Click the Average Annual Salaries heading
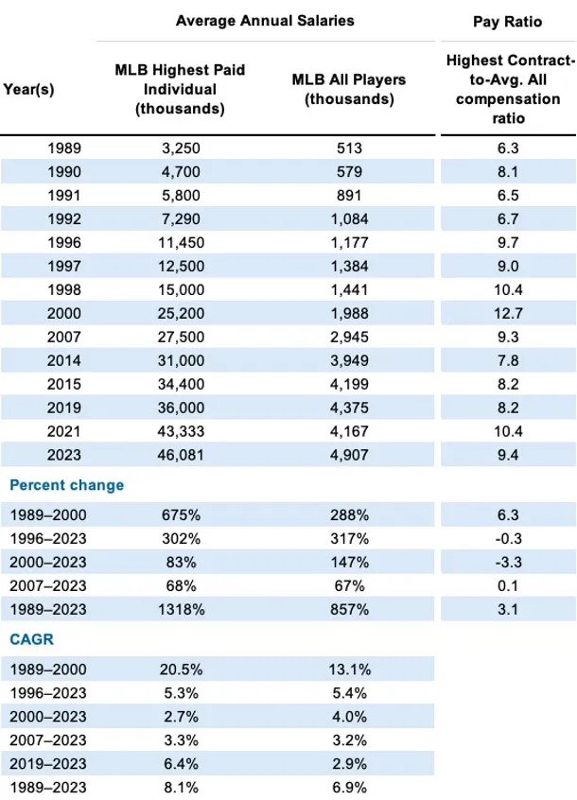click(x=265, y=21)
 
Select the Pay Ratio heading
click(x=508, y=22)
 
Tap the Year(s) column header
click(x=28, y=89)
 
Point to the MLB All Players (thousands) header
click(x=349, y=89)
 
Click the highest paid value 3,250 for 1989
click(x=181, y=148)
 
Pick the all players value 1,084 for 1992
click(x=349, y=218)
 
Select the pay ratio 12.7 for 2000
click(x=508, y=313)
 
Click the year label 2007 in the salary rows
click(x=63, y=337)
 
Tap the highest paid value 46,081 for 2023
click(x=181, y=455)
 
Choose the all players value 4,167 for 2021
click(x=349, y=431)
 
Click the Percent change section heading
click(x=67, y=485)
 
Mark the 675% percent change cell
click(x=181, y=514)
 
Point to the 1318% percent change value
click(x=181, y=609)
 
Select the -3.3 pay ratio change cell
click(x=508, y=563)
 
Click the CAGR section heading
click(x=31, y=639)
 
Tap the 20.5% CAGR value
click(x=181, y=670)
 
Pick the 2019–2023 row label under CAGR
click(x=48, y=764)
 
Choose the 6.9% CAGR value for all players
click(x=349, y=788)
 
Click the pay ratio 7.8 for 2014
click(x=508, y=360)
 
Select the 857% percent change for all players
click(x=349, y=609)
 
